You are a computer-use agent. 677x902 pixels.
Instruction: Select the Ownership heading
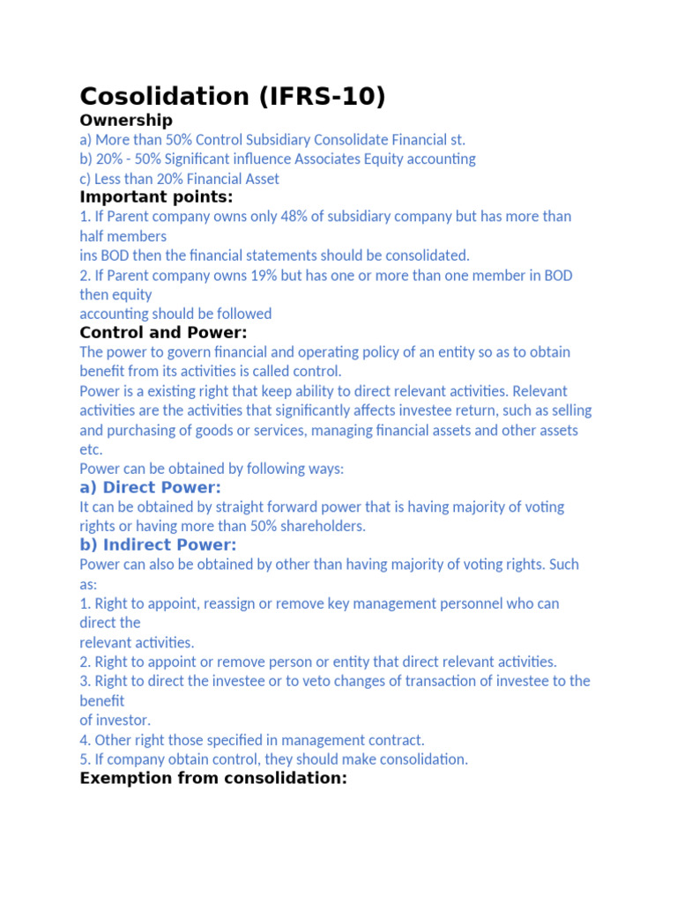click(x=126, y=120)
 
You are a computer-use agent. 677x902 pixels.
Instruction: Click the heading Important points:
click(x=156, y=197)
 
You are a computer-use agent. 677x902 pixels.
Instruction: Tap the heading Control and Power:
click(x=163, y=333)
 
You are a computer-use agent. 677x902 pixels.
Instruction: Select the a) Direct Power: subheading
click(x=150, y=488)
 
